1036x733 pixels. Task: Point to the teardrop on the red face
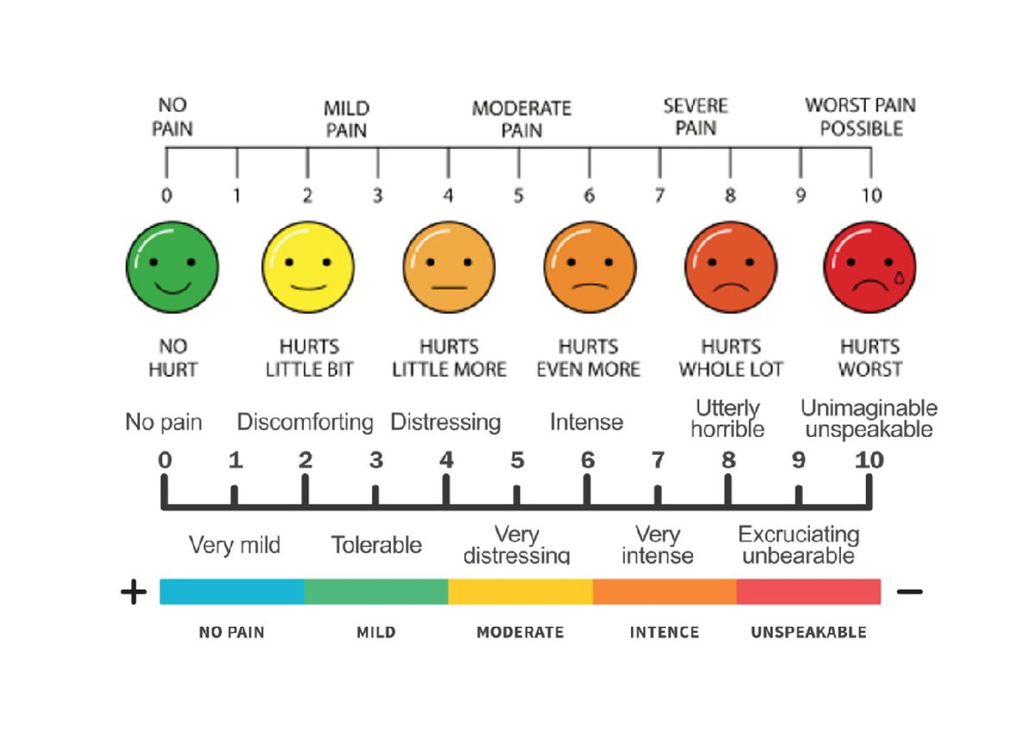tap(900, 277)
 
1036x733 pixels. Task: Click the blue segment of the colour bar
tap(231, 591)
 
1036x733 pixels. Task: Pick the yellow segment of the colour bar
tap(520, 591)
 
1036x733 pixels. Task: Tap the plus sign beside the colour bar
tap(133, 592)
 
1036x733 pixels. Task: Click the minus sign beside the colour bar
tap(910, 592)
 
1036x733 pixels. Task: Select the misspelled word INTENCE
tap(664, 633)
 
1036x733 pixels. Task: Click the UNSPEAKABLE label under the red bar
tap(808, 633)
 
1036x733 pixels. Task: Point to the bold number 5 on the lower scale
tap(516, 460)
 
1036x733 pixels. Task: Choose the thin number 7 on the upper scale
tap(660, 196)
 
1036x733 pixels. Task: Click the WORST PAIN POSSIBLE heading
tap(861, 117)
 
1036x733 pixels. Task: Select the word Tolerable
tap(376, 546)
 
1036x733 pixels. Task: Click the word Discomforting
tap(305, 423)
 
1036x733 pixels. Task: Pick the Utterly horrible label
tap(728, 418)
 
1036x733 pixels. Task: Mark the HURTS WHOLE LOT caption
tap(730, 358)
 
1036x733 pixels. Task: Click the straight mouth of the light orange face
tap(449, 286)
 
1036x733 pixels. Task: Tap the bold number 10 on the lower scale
tap(869, 460)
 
